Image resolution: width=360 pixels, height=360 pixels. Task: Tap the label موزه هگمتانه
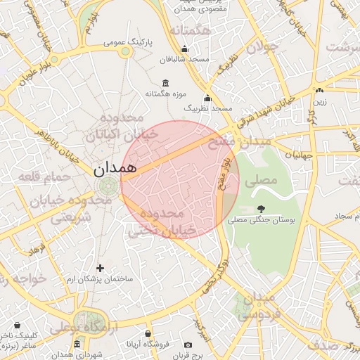(145, 94)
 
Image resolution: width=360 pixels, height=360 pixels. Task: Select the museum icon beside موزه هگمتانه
(165, 83)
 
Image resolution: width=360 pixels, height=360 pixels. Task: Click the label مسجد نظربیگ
(208, 109)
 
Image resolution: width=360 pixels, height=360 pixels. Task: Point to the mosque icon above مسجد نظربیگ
(207, 98)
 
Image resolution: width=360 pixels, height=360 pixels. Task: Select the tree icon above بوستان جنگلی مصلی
(261, 208)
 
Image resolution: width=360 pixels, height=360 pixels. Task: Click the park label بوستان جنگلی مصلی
(261, 220)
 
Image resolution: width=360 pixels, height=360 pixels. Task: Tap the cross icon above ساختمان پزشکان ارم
(100, 267)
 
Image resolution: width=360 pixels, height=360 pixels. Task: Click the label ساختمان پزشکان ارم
(100, 280)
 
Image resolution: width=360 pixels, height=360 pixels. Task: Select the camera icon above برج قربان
(188, 345)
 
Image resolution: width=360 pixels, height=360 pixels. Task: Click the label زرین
(320, 102)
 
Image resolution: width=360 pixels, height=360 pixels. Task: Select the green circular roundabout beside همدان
(108, 186)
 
